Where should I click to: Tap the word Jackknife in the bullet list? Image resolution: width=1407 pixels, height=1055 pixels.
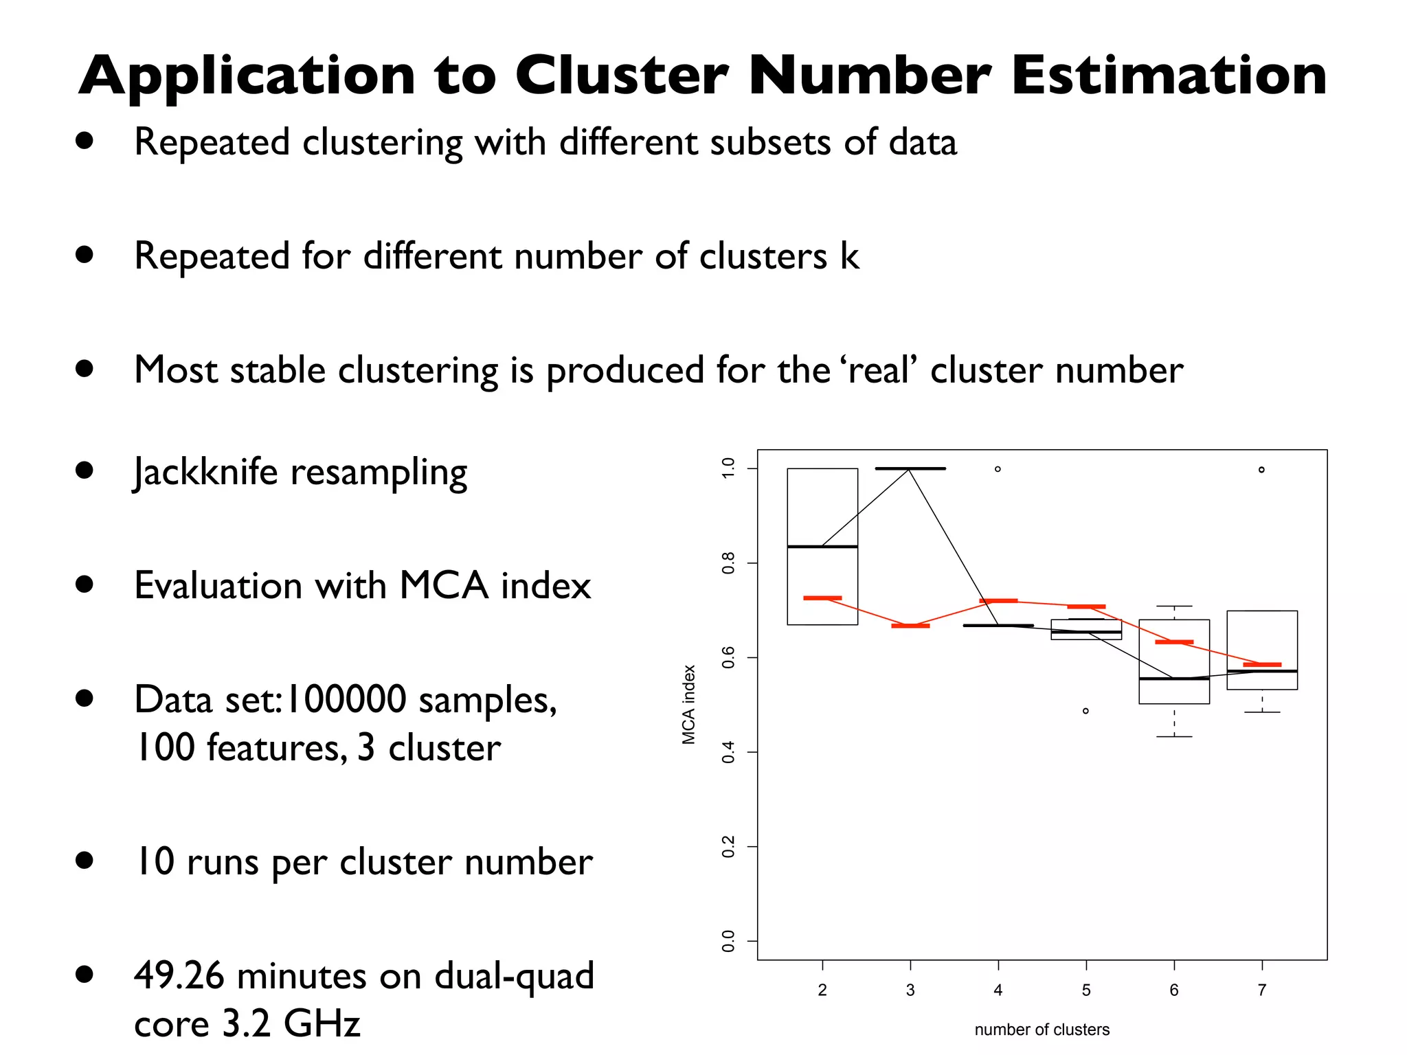(205, 473)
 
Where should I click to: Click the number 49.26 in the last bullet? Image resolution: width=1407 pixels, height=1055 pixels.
(179, 975)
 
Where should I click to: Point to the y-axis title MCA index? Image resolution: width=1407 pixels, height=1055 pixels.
(689, 704)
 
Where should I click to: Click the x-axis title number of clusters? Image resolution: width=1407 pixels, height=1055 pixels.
(1042, 1030)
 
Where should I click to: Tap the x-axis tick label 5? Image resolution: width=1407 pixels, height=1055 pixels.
(1086, 990)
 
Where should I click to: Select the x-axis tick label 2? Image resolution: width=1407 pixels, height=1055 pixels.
(822, 990)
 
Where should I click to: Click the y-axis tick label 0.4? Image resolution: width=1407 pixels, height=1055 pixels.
(728, 752)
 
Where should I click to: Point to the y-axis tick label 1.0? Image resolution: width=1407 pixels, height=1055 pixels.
(728, 468)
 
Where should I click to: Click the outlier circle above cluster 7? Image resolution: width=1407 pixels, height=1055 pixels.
(1261, 470)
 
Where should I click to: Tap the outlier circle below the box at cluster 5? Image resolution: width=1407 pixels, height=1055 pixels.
(1085, 711)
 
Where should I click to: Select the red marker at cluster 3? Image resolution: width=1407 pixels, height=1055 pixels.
(910, 626)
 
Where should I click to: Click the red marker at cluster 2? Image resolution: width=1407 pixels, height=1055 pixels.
(822, 598)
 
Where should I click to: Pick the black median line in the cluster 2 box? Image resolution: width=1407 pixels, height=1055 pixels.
(822, 547)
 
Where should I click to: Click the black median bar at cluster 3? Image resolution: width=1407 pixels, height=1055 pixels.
(910, 468)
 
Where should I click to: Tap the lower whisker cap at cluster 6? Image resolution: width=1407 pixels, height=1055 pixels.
(1174, 736)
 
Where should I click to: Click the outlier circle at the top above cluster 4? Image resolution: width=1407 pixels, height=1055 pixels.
(998, 469)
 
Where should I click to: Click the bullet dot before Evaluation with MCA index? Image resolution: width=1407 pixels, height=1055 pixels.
(85, 585)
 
